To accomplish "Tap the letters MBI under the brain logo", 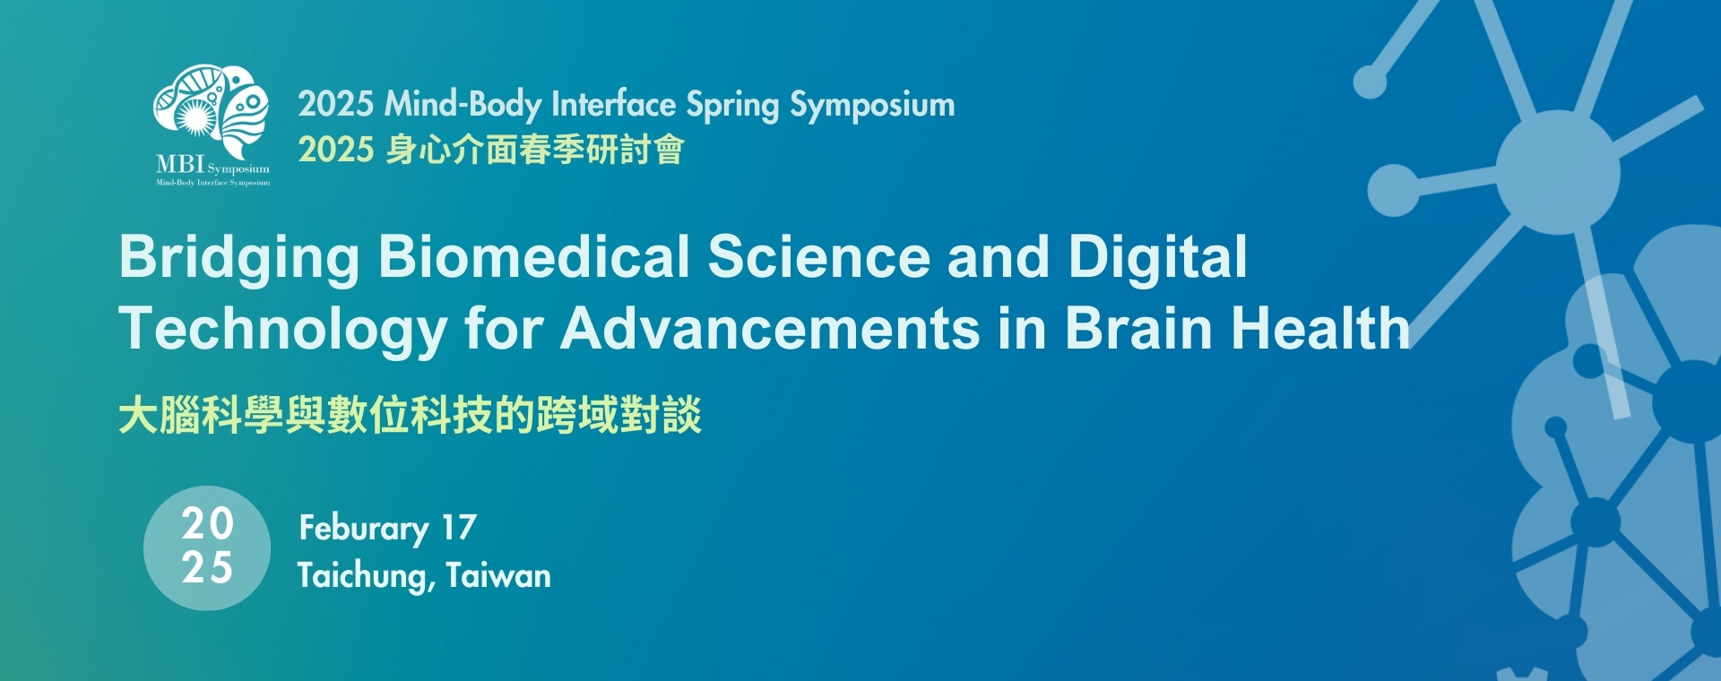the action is pyautogui.click(x=180, y=165).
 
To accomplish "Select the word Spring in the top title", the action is pyautogui.click(x=732, y=106).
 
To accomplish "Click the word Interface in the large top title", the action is pyautogui.click(x=613, y=104).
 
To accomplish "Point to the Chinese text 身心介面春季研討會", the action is pyautogui.click(x=535, y=150).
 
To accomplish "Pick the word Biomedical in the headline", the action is pyautogui.click(x=534, y=257).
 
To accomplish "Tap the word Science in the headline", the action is pyautogui.click(x=819, y=257).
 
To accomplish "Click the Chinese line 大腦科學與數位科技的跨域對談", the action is pyautogui.click(x=411, y=415).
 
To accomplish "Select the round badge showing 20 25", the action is pyautogui.click(x=207, y=547).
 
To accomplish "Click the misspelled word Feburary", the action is pyautogui.click(x=364, y=529).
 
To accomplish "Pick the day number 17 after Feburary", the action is pyautogui.click(x=459, y=527).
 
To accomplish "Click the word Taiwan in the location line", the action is pyautogui.click(x=498, y=574).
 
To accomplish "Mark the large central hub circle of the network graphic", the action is pyautogui.click(x=1558, y=173).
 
